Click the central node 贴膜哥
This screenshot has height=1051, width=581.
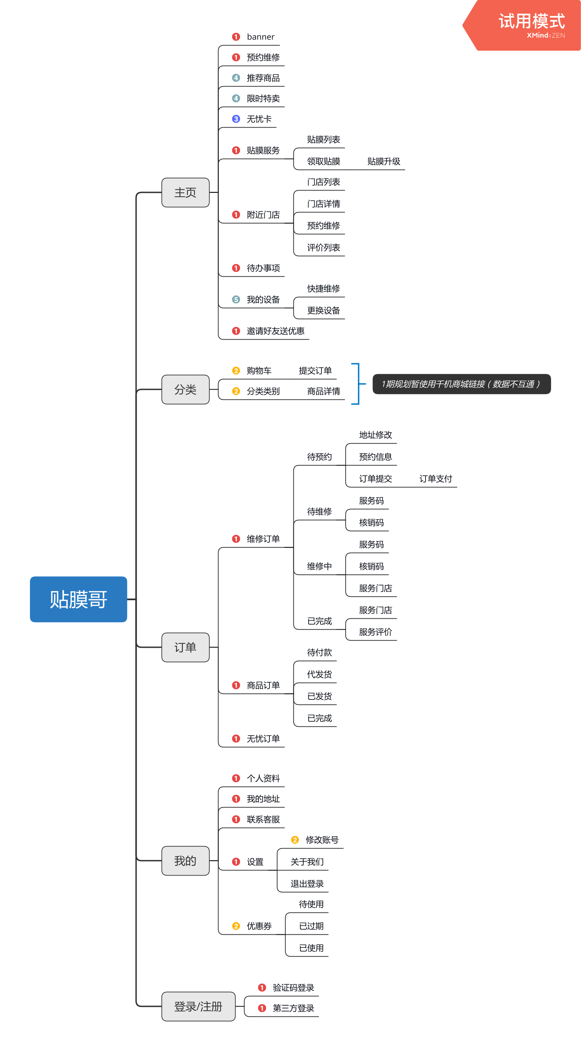[78, 599]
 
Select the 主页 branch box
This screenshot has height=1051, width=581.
[185, 192]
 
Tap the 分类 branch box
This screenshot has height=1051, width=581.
[185, 389]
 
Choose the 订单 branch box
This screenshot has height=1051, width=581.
[185, 647]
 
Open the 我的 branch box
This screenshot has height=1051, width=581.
[185, 860]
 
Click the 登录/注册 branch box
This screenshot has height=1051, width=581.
[198, 1006]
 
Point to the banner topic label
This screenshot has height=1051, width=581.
[261, 37]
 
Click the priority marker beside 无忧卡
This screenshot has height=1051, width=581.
[236, 119]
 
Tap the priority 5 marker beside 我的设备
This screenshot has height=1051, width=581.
[236, 300]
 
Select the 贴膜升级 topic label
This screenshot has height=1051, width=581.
[383, 161]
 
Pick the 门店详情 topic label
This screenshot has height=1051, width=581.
[324, 203]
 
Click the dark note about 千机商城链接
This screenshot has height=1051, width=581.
[462, 384]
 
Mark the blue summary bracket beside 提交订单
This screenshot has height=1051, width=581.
[357, 383]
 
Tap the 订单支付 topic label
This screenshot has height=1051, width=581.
[435, 478]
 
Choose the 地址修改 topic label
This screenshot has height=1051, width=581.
[375, 435]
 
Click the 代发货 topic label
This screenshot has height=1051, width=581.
[319, 674]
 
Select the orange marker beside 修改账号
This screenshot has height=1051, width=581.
[295, 840]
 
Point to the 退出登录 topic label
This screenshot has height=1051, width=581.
[307, 883]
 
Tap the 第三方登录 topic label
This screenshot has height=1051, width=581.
[293, 1008]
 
